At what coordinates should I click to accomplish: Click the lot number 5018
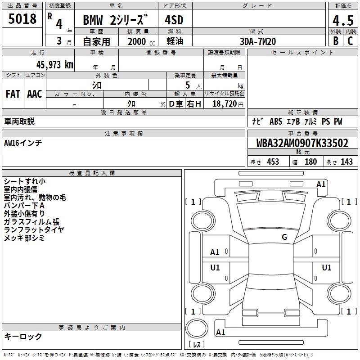coord(22,18)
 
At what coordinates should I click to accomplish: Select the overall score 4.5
coord(343,20)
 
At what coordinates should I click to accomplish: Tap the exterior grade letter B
coord(336,41)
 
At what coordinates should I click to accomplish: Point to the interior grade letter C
coord(350,41)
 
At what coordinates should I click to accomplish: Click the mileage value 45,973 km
coord(55,65)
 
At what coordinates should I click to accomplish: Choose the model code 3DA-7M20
coord(258,41)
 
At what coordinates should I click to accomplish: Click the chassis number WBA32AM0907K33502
coord(302,143)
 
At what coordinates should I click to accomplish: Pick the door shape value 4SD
coord(174,20)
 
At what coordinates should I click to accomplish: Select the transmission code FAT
coord(13,94)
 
